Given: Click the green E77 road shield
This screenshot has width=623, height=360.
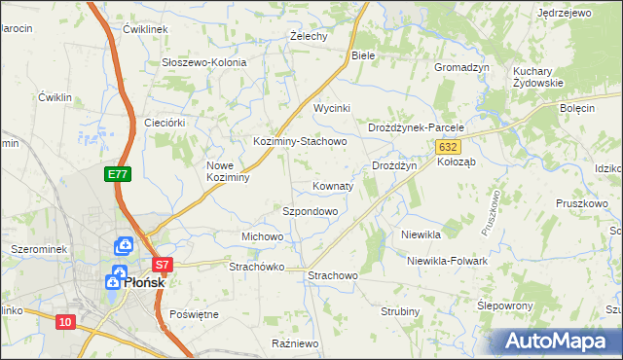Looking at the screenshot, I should click(x=118, y=174).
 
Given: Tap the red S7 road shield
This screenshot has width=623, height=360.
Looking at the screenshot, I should click(x=163, y=264).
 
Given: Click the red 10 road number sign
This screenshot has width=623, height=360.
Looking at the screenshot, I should click(x=65, y=322).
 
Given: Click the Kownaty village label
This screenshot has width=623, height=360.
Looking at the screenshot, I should click(x=333, y=185).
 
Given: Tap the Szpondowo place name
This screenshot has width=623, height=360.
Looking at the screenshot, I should click(x=310, y=210).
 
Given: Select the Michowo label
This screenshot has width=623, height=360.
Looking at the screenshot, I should click(x=262, y=236).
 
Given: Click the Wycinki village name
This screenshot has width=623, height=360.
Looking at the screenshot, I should click(x=331, y=108).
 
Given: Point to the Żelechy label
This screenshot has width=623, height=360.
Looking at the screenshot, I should click(x=309, y=36).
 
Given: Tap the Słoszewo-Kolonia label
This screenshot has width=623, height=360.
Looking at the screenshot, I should click(x=204, y=62).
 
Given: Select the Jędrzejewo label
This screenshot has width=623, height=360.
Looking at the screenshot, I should click(x=565, y=13).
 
